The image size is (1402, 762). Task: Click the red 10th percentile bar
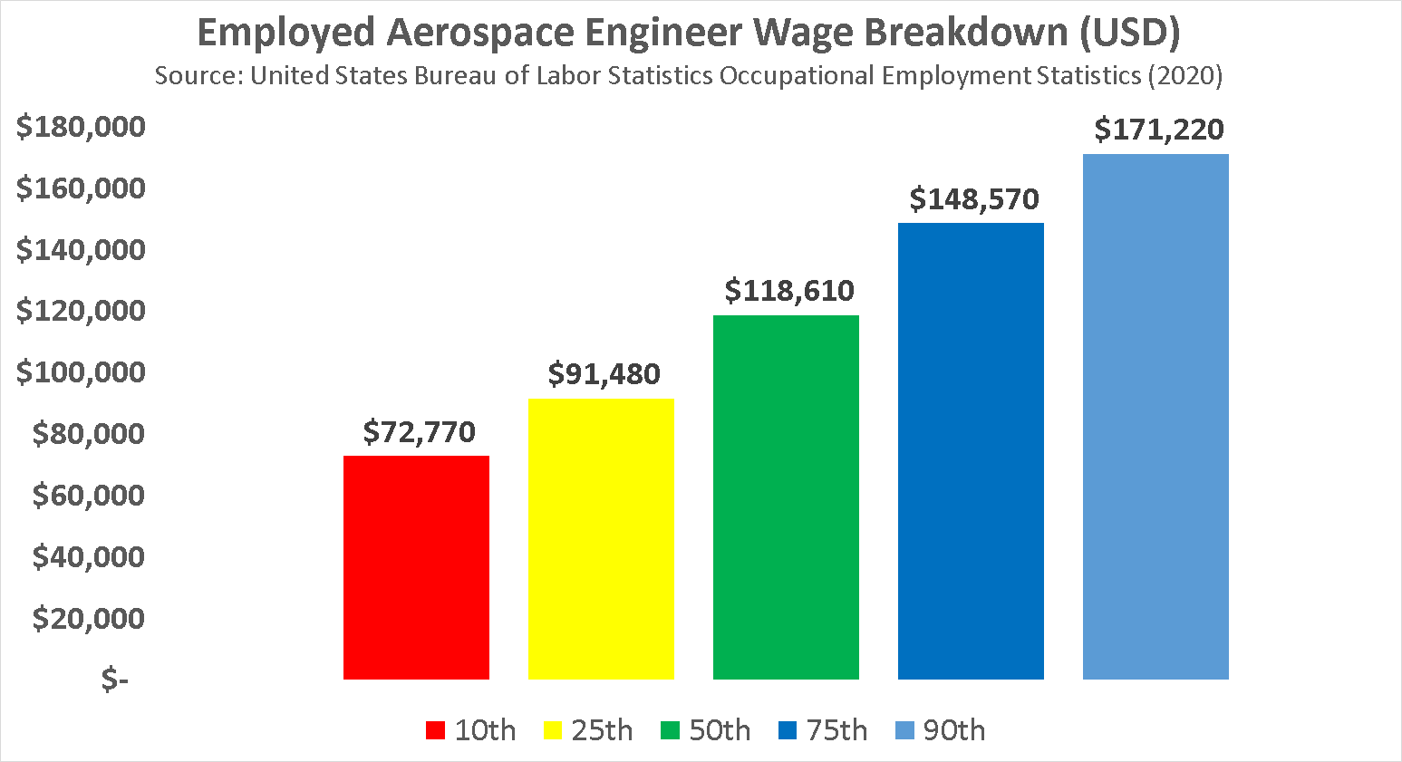coord(416,567)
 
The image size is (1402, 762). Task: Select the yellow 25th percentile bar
coord(601,539)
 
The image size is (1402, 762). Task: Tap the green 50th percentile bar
coord(786,497)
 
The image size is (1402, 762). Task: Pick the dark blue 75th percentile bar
coord(971,451)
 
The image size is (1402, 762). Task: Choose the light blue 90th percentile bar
coord(1155,417)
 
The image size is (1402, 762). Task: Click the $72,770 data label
coord(419,432)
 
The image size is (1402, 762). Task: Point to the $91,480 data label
coord(604,373)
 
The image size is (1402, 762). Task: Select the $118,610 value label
coord(789,290)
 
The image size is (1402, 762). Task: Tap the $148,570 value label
coord(974,198)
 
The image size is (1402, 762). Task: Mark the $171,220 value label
coord(1159,130)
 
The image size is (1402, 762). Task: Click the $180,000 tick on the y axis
coord(81,126)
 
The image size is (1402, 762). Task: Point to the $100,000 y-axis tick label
coord(81,371)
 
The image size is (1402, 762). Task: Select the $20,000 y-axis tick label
coord(89,618)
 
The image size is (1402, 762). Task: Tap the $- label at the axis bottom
coord(114,679)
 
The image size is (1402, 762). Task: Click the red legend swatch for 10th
coord(436,730)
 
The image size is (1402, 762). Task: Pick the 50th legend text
coord(720,730)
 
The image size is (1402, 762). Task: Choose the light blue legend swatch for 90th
coord(904,730)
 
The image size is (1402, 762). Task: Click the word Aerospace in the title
coord(480,33)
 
